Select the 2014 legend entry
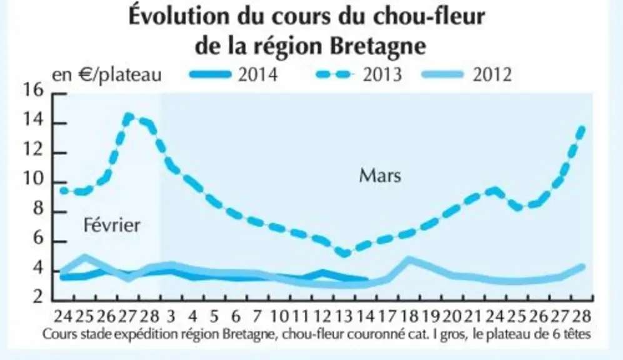(x=234, y=74)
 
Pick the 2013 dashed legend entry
(x=359, y=74)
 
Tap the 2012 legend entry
(x=467, y=74)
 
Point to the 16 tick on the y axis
(x=33, y=90)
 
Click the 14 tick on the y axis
(x=33, y=119)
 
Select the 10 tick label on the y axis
(x=33, y=179)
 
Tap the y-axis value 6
(x=39, y=238)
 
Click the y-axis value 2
(x=39, y=296)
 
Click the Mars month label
(x=381, y=176)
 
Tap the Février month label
(x=112, y=225)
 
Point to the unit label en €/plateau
(x=107, y=75)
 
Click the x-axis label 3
(x=171, y=317)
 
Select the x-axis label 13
(x=344, y=317)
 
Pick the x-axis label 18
(x=409, y=317)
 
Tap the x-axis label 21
(x=474, y=317)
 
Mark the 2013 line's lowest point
(x=344, y=252)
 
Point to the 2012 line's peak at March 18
(x=409, y=260)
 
